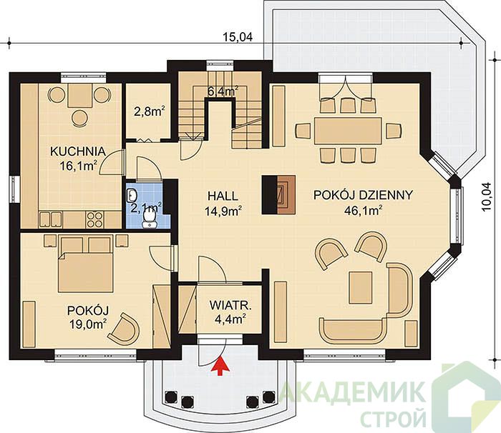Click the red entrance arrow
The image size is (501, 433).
click(x=220, y=367)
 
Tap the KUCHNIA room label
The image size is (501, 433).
click(x=77, y=151)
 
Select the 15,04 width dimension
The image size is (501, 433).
click(x=237, y=37)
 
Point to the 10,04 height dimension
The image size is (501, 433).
click(x=486, y=197)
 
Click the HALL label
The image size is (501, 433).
click(x=223, y=196)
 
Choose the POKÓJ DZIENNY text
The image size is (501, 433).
click(x=363, y=194)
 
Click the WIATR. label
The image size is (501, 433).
click(x=230, y=305)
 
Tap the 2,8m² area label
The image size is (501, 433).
click(x=149, y=111)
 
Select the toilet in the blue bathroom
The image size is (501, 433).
click(x=149, y=219)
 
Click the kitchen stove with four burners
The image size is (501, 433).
click(x=94, y=220)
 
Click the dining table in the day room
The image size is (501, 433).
click(x=348, y=131)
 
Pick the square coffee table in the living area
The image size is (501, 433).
click(x=361, y=287)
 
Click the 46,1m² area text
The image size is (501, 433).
click(x=363, y=210)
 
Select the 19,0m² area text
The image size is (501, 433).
click(x=87, y=324)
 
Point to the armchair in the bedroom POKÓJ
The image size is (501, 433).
click(x=125, y=329)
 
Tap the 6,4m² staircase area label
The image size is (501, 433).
click(x=223, y=92)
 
